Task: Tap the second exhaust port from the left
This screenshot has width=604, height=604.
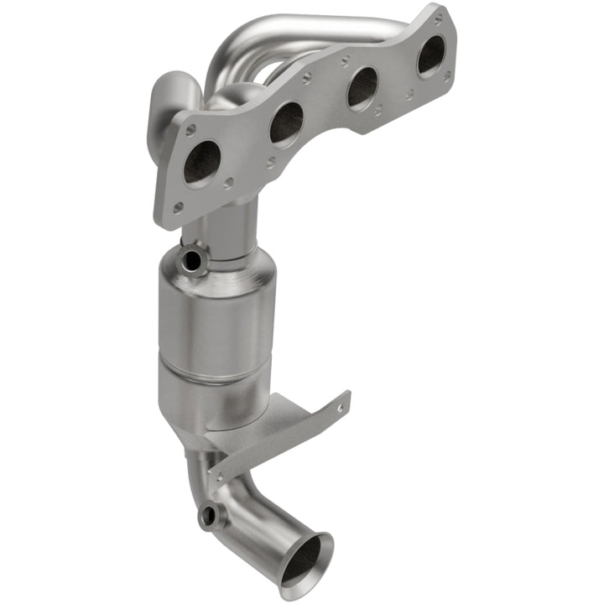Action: click(x=286, y=123)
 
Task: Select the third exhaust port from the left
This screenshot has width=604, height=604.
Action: click(x=362, y=87)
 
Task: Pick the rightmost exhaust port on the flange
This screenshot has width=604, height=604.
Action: click(x=431, y=55)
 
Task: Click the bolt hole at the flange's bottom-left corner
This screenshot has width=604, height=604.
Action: click(x=177, y=206)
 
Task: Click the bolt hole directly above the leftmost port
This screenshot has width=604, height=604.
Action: click(x=192, y=131)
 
